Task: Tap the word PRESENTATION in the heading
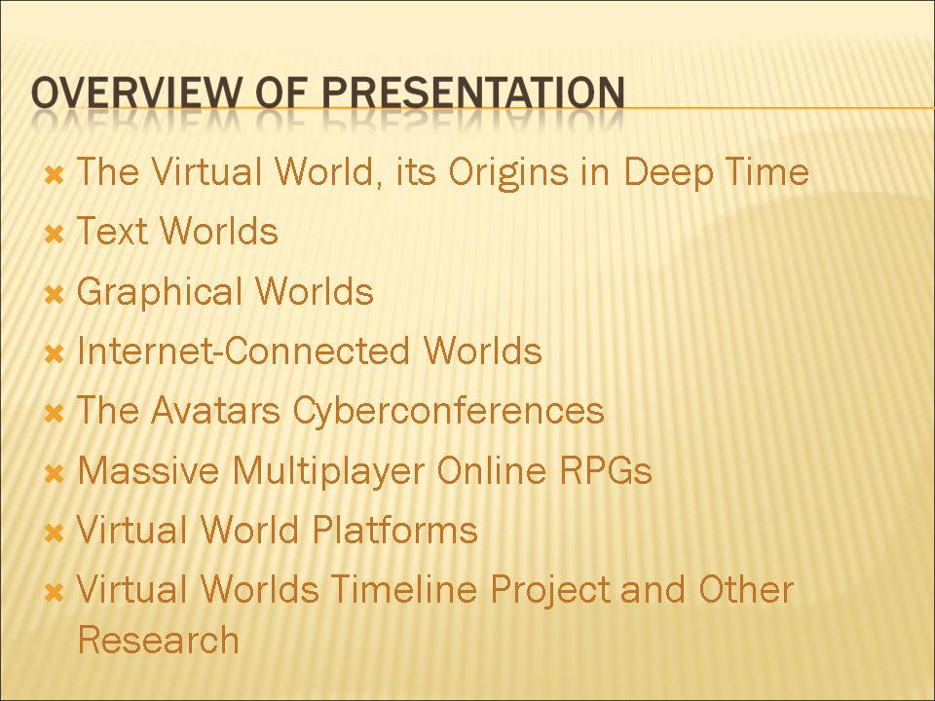(474, 92)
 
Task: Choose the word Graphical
(159, 292)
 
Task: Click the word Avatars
(215, 410)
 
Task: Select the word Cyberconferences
(448, 411)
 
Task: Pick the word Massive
(149, 469)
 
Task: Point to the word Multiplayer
(328, 471)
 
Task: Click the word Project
(551, 591)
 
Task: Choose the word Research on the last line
(159, 640)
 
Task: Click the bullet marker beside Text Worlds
(55, 235)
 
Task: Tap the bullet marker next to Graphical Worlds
(55, 294)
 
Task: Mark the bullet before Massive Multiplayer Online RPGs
(55, 474)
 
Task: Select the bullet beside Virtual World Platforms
(55, 533)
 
